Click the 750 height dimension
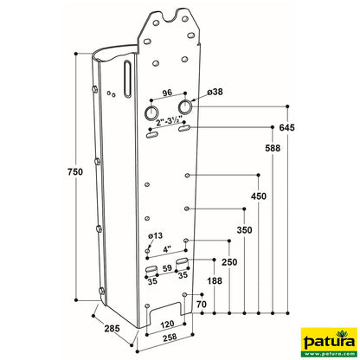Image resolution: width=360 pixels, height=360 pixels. pyautogui.click(x=74, y=174)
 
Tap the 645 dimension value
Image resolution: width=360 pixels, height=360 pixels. pyautogui.click(x=287, y=128)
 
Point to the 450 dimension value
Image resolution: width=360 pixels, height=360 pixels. pyautogui.click(x=259, y=196)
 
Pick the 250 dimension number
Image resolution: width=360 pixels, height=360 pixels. pyautogui.click(x=229, y=261)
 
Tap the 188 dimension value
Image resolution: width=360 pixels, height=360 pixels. pyautogui.click(x=213, y=280)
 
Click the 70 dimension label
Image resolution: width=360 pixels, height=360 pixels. pyautogui.click(x=201, y=305)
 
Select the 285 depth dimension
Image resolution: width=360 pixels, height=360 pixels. pyautogui.click(x=112, y=327)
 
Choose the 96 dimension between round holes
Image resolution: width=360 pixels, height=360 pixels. pyautogui.click(x=167, y=93)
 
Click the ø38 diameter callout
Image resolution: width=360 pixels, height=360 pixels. pyautogui.click(x=215, y=92)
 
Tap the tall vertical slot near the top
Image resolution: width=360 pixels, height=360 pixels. pyautogui.click(x=127, y=80)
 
